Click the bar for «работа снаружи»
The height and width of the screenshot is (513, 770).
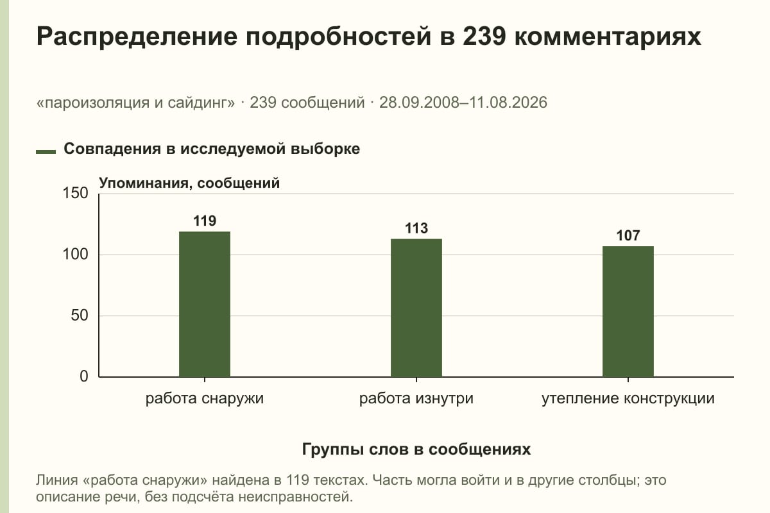[x=205, y=304]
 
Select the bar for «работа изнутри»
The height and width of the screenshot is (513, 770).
[x=416, y=308]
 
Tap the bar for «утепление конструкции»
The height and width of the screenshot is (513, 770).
[x=628, y=312]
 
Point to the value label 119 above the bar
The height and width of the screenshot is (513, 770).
[x=205, y=221]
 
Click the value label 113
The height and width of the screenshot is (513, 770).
[x=416, y=228]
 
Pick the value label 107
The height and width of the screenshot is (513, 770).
[x=628, y=236]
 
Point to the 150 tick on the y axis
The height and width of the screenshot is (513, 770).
[x=75, y=193]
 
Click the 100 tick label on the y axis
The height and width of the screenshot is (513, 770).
[x=75, y=255]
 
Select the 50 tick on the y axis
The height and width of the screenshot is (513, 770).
[x=80, y=315]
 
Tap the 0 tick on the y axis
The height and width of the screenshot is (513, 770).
[x=84, y=376]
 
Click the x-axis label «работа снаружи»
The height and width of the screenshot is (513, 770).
[x=205, y=399]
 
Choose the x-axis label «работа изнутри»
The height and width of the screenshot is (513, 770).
[x=416, y=399]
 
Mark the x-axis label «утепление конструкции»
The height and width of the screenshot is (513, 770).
[x=628, y=399]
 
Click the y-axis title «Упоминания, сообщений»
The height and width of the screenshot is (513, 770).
[x=189, y=183]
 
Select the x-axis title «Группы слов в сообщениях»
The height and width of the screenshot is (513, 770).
[x=416, y=449]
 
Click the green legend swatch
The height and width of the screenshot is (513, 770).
[x=46, y=151]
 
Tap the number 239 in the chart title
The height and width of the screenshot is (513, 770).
[x=484, y=36]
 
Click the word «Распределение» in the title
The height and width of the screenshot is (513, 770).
[x=137, y=37]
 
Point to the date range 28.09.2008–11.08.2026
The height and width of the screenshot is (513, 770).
[x=463, y=103]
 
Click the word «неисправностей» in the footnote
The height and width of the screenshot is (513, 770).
[x=295, y=496]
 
